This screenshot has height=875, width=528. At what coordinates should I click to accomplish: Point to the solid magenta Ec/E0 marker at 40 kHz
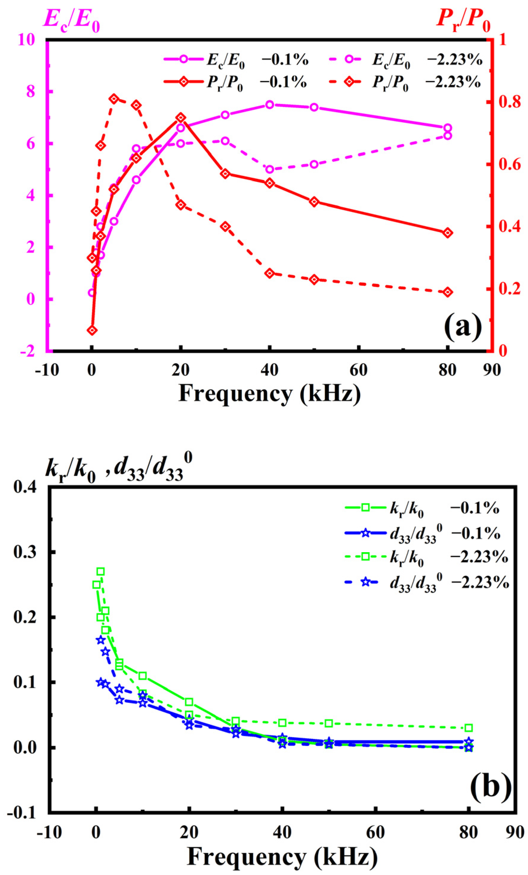(270, 105)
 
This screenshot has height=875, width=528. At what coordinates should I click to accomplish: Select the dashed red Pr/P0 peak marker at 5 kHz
(114, 99)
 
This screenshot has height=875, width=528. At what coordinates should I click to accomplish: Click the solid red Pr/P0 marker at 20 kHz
(180, 118)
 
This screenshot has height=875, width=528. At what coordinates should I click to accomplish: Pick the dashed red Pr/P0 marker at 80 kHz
(447, 292)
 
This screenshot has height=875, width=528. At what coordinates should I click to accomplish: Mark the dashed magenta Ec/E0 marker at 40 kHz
(270, 169)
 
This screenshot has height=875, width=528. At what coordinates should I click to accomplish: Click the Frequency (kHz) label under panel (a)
(269, 394)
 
